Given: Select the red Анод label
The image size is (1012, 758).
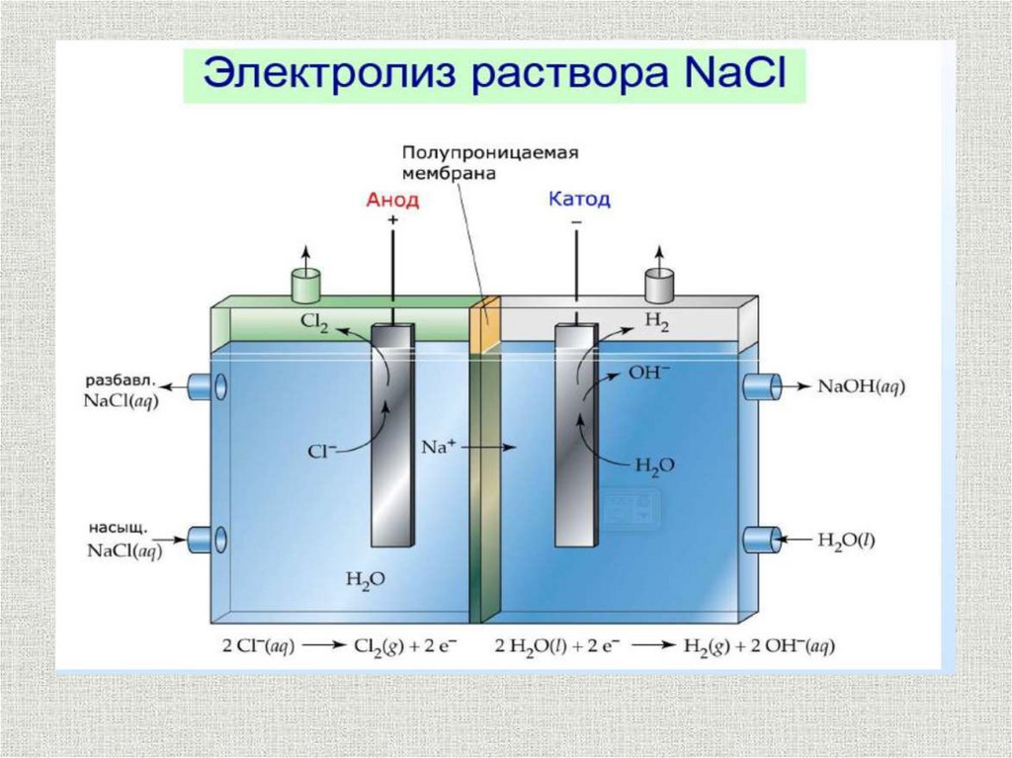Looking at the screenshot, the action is click(392, 200).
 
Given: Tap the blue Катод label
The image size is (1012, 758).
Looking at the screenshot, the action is click(578, 199).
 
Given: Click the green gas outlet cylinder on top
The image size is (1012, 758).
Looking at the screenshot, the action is click(306, 287).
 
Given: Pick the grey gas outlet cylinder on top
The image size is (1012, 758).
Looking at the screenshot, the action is click(658, 286).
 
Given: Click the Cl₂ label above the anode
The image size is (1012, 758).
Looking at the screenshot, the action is click(316, 321).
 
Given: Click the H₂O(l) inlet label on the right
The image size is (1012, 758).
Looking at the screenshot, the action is click(846, 540).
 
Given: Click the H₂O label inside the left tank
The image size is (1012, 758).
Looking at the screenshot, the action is click(362, 578).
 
